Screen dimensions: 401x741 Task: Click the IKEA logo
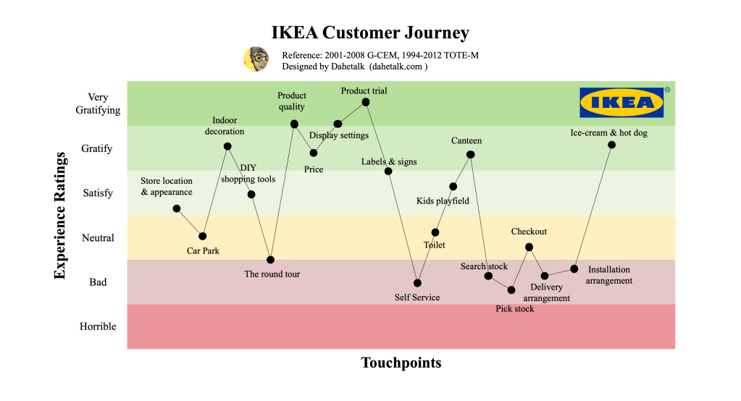point(621,103)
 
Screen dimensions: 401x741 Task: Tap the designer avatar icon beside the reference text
point(256,59)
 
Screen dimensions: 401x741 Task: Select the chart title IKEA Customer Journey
point(370,33)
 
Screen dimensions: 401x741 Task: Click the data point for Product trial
point(366,102)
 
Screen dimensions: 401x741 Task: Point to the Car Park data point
point(203,236)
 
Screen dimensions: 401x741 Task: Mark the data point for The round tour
point(270,259)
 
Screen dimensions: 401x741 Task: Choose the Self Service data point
point(417,282)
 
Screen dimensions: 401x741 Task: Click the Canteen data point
point(471,154)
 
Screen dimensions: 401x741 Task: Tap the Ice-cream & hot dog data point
point(611,145)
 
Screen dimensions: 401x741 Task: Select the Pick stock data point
point(511,290)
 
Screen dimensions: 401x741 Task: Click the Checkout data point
point(529,247)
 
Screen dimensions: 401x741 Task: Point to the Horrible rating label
point(98,326)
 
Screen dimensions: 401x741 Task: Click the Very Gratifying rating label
point(98,104)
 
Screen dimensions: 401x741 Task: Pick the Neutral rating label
point(98,238)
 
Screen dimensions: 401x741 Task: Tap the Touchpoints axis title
point(401,363)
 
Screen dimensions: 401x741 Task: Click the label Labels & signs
point(389,161)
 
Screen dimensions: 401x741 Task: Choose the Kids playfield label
point(443,200)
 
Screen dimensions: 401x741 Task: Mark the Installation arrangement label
point(609,275)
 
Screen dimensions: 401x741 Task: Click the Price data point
point(314,153)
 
